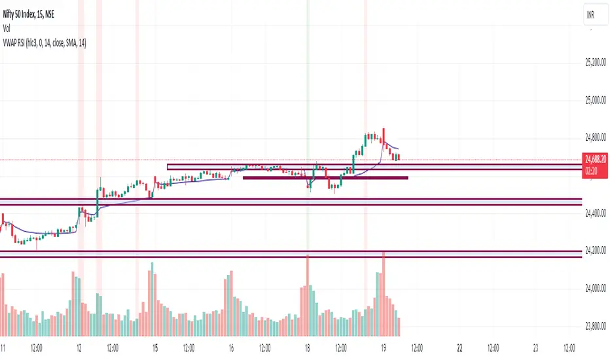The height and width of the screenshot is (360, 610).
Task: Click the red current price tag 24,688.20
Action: (x=595, y=158)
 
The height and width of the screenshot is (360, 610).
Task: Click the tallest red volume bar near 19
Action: (x=384, y=288)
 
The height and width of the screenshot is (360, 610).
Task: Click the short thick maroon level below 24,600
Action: (x=325, y=177)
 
